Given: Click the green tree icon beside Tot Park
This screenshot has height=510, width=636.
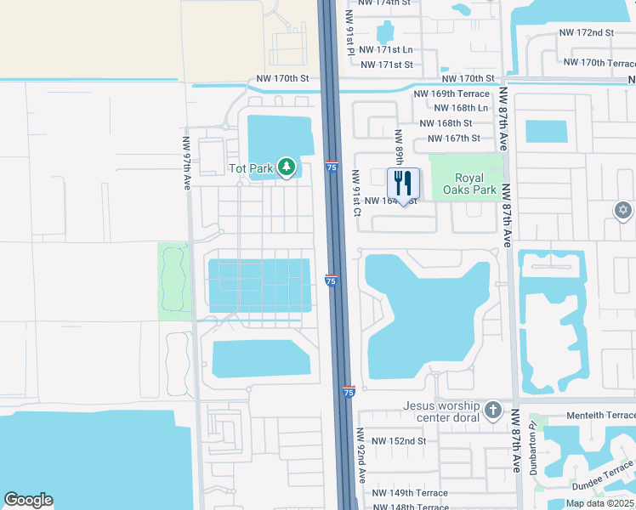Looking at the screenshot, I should pyautogui.click(x=287, y=167).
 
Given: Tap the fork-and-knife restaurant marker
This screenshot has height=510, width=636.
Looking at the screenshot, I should pyautogui.click(x=403, y=183).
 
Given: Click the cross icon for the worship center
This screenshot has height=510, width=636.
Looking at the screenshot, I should pyautogui.click(x=493, y=412).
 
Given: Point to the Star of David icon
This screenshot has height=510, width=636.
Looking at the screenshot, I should pyautogui.click(x=623, y=210).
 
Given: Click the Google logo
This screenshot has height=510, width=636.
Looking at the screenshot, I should pyautogui.click(x=28, y=499).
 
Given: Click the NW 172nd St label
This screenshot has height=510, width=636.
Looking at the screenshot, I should pyautogui.click(x=586, y=32).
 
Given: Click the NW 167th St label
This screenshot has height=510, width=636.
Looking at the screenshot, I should pyautogui.click(x=453, y=139).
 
